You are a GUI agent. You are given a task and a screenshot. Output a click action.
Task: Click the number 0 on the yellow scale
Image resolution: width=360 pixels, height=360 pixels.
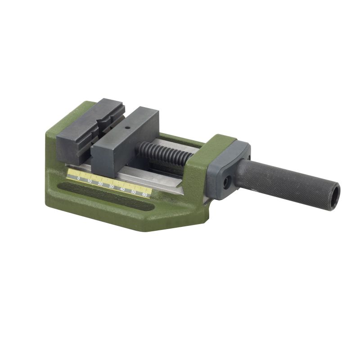[79, 179]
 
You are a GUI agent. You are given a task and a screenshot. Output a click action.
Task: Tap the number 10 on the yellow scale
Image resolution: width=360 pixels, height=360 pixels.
[90, 181]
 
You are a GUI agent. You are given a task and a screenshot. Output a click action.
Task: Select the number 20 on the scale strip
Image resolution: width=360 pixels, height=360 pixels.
[100, 184]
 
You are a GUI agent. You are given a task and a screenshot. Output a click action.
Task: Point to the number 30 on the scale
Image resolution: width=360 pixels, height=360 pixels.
[111, 187]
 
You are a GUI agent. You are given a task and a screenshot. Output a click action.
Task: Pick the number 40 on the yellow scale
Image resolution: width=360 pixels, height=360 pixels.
[122, 189]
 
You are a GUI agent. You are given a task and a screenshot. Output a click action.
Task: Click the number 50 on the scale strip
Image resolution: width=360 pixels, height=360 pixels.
[133, 192]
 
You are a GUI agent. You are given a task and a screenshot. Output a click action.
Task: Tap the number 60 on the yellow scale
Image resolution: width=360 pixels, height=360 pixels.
[144, 195]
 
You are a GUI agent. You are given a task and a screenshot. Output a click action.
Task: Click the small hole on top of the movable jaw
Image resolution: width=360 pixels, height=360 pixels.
[127, 128]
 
